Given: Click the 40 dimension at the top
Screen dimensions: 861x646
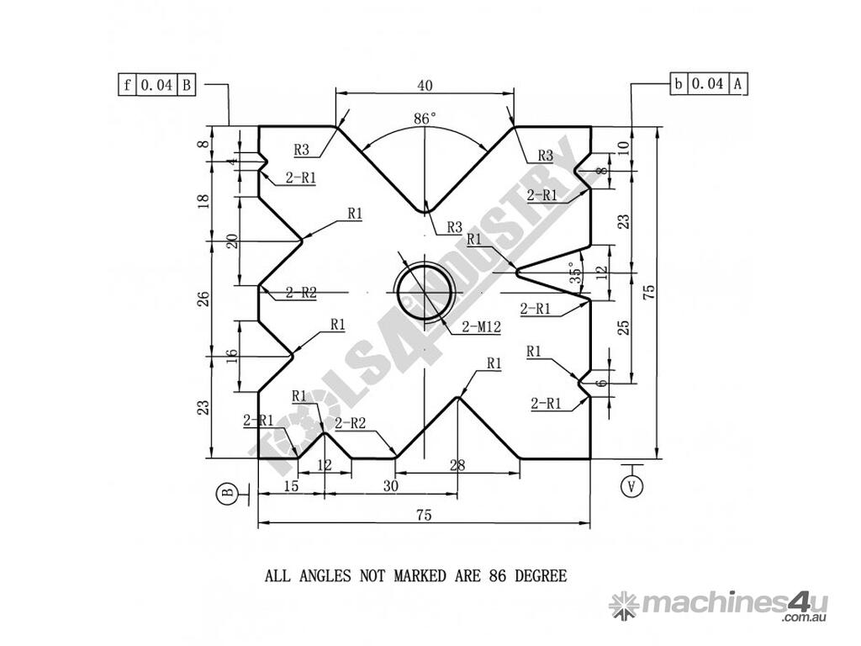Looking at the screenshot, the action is click(x=425, y=85).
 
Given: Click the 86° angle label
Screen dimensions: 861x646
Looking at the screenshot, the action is click(x=425, y=118).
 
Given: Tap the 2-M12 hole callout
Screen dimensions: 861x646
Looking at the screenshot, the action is click(x=482, y=327).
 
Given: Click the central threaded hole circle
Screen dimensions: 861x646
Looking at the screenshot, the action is click(x=424, y=292).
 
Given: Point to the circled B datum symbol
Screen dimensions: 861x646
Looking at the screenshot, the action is click(x=226, y=492).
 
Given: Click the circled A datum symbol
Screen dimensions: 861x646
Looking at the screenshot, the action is click(x=632, y=485).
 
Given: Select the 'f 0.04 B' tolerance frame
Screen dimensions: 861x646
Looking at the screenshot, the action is click(x=157, y=85).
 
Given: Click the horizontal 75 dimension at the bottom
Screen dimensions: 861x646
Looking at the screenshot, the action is click(x=425, y=515).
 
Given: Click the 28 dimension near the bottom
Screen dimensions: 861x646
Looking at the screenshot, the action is click(x=457, y=465).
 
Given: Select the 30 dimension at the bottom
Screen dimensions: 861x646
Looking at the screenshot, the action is click(x=390, y=485).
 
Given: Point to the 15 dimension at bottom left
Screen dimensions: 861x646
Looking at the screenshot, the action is click(x=291, y=485).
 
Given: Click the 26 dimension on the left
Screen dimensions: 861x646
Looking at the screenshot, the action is click(x=203, y=299).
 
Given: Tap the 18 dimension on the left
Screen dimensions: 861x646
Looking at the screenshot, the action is click(x=203, y=201).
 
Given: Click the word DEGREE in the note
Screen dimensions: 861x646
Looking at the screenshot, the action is click(x=541, y=575).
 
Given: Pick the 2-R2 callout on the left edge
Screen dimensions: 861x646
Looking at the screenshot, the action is click(x=301, y=292).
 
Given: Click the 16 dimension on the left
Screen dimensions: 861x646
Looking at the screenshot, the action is click(x=232, y=356).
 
